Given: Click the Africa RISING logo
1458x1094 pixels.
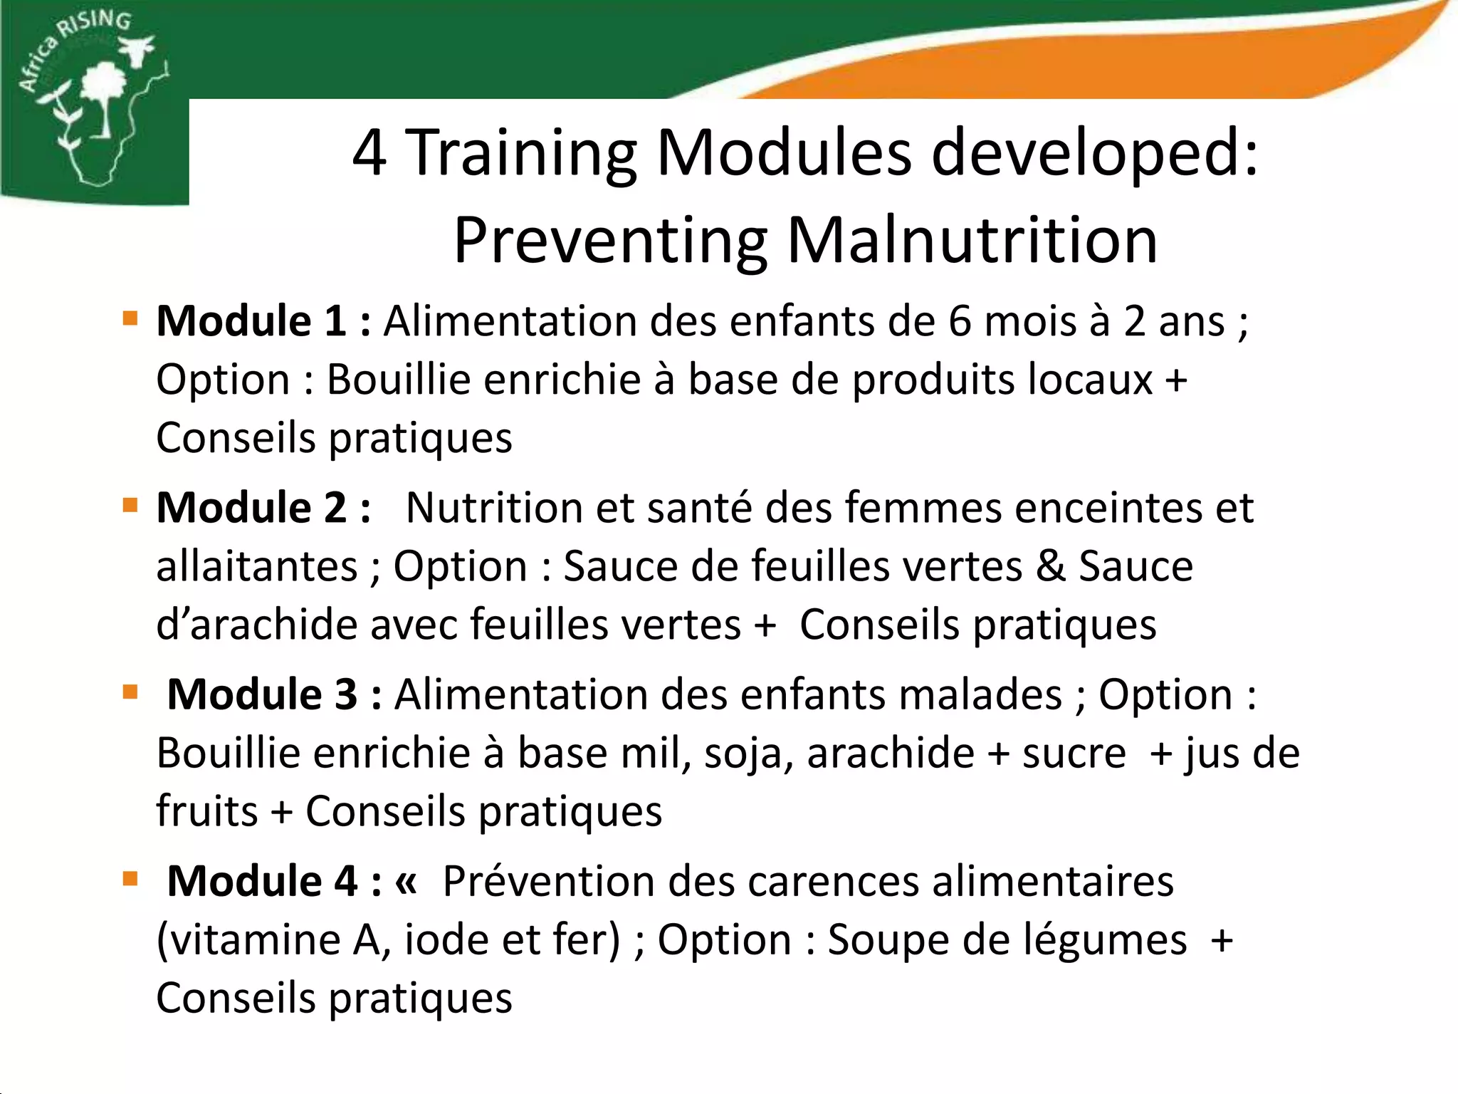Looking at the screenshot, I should [93, 100].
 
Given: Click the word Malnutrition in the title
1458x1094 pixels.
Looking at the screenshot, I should [972, 241].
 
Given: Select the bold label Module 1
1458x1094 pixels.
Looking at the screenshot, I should [251, 321].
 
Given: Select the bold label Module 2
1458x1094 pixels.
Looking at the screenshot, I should [251, 508].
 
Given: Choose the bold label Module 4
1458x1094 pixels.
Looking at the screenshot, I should [261, 881].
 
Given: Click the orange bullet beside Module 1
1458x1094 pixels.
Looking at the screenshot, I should [130, 318].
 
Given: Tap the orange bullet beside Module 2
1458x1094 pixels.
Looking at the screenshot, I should [130, 505].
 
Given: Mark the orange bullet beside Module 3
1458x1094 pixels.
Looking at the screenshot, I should [130, 692].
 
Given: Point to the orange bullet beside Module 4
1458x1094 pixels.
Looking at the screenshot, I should [130, 878].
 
